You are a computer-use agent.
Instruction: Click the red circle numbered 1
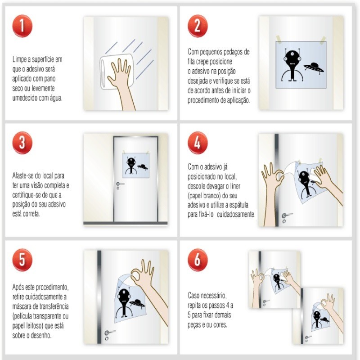click(x=22, y=26)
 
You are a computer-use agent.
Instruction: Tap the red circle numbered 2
click(x=198, y=26)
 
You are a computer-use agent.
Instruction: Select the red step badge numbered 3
click(x=22, y=143)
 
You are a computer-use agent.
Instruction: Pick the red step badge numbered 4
click(x=198, y=143)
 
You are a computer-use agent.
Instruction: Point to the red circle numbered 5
click(x=22, y=260)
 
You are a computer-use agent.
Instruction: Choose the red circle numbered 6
click(x=198, y=260)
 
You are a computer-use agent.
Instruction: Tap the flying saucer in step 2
click(x=314, y=68)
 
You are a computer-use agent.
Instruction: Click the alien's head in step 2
click(x=292, y=58)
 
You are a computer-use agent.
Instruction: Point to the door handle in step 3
click(x=120, y=184)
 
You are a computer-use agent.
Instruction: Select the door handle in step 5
click(x=109, y=332)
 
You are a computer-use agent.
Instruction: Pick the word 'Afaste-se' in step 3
click(x=23, y=176)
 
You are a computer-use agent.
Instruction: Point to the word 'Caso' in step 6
click(x=194, y=296)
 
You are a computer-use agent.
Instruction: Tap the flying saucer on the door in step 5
click(x=137, y=303)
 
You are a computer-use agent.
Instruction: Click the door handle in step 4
click(x=287, y=215)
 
